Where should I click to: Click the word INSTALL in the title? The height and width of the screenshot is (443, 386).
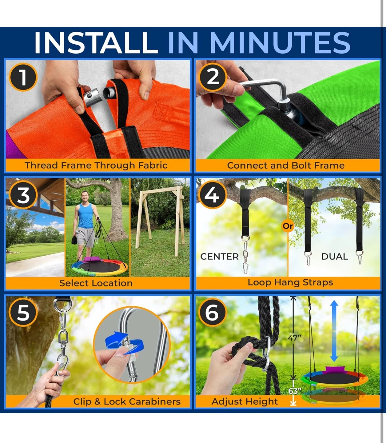click(x=96, y=42)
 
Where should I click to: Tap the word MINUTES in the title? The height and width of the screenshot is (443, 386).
click(x=280, y=43)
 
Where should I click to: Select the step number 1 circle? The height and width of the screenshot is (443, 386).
click(x=23, y=77)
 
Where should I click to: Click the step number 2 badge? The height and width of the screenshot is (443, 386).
click(x=213, y=77)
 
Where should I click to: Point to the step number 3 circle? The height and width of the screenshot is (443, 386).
click(x=23, y=195)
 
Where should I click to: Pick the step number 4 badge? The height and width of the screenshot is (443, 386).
click(x=213, y=195)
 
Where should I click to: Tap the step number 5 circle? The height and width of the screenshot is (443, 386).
click(x=23, y=313)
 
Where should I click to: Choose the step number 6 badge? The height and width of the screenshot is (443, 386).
click(x=213, y=313)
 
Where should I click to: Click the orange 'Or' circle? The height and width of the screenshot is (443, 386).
click(x=288, y=226)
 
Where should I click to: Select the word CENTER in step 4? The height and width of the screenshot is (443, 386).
click(x=219, y=257)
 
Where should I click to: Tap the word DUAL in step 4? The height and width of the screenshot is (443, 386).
click(x=335, y=257)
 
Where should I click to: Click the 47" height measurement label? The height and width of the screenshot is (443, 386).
click(x=294, y=338)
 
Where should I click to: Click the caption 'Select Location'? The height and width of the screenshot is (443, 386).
click(x=96, y=283)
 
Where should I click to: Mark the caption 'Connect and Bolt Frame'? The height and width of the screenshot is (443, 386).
click(x=286, y=166)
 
